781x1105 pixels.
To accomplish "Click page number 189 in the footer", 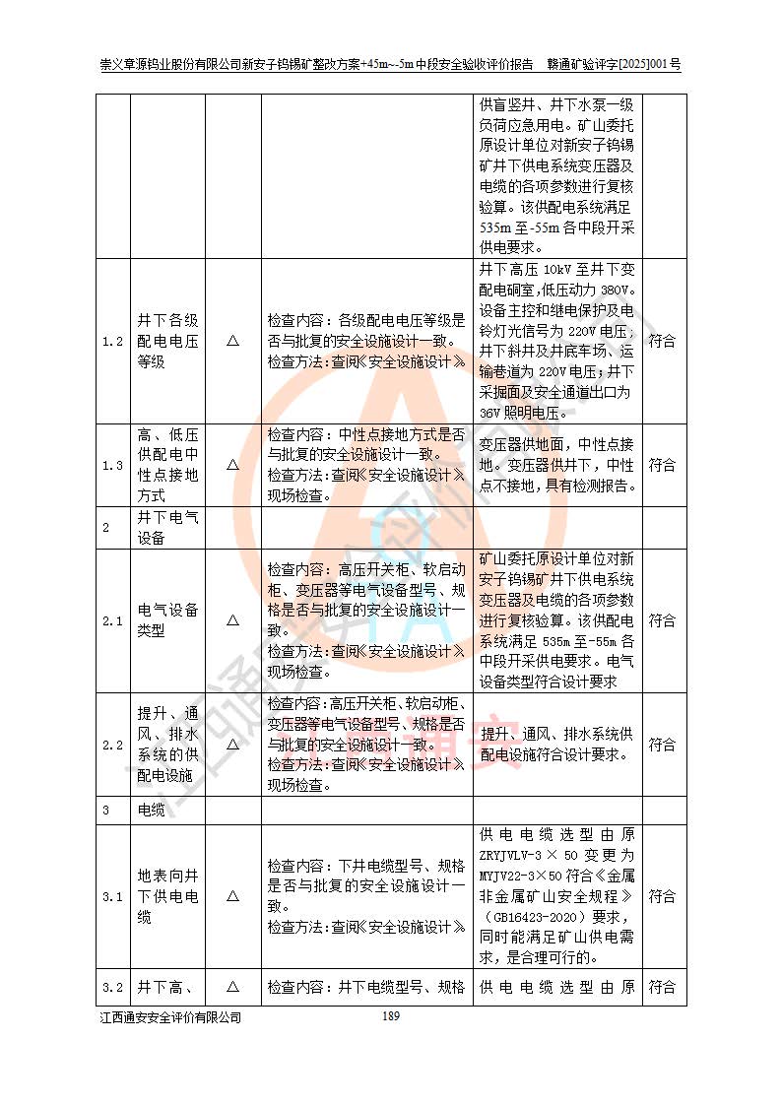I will coord(391,1016).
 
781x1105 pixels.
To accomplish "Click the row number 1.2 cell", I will coord(113,341).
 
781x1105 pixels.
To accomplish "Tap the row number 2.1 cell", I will coord(113,620).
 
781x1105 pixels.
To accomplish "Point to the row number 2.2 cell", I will coord(113,745).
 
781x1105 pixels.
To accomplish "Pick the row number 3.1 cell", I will coord(113,896).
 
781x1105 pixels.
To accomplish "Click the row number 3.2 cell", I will coord(113,986).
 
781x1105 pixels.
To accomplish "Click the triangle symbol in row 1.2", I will coord(232,341).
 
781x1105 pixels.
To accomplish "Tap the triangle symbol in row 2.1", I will coord(232,620).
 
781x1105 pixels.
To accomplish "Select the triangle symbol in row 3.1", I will coord(232,896).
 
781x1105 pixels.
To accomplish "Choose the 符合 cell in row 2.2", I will coord(662,745).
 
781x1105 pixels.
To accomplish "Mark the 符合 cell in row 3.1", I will coord(662,896).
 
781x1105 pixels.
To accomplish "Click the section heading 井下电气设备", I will coord(167,527).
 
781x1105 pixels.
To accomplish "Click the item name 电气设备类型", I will coord(167,620).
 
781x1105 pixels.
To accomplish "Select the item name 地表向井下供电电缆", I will coord(167,896).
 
